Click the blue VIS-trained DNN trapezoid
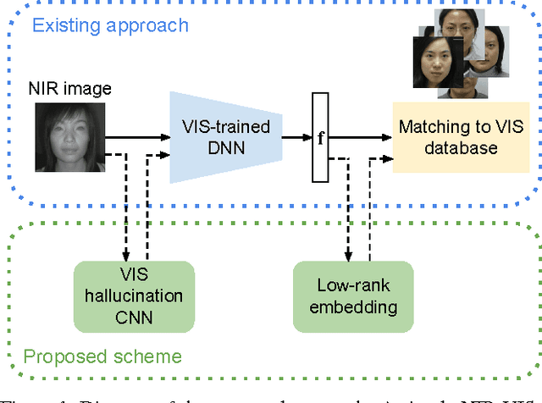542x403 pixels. [224, 138]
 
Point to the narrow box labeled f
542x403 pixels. [320, 138]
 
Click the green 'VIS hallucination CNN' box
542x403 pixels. [134, 295]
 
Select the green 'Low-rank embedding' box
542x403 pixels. [352, 295]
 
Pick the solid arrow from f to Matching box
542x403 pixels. [360, 135]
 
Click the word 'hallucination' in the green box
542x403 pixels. [134, 295]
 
